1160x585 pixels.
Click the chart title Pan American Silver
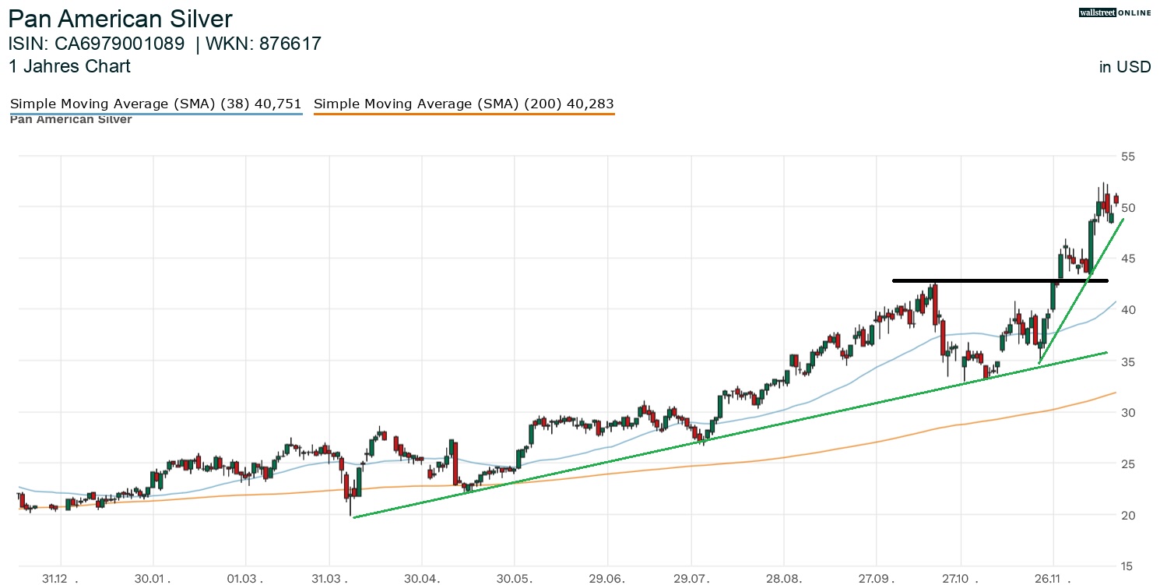[x=121, y=19]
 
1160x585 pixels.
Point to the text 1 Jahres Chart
[x=69, y=67]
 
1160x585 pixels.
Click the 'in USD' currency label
[x=1124, y=68]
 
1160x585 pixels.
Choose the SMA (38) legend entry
[x=156, y=104]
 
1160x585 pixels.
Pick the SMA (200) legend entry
[x=464, y=104]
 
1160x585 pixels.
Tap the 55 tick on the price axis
[x=1127, y=157]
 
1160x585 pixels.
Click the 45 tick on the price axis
[x=1127, y=259]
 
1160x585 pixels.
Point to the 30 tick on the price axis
[x=1127, y=413]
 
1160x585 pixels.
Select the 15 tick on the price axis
[x=1127, y=566]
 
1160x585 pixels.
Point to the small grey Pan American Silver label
[x=71, y=120]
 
